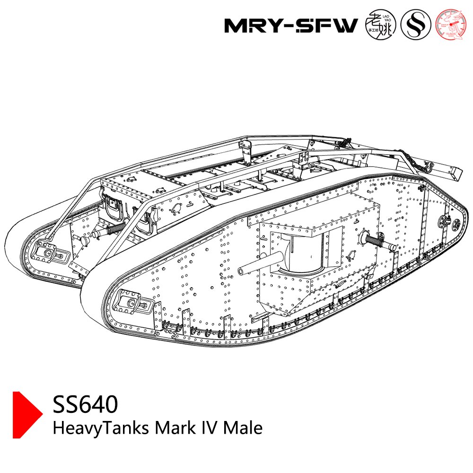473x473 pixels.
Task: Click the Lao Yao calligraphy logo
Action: pos(380,25)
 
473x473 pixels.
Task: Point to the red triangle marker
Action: pos(26,415)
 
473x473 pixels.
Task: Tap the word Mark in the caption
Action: pos(174,428)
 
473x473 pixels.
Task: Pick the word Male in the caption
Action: pos(243,428)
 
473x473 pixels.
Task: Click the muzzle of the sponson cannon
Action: pos(241,270)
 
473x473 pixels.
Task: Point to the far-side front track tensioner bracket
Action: pos(45,251)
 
